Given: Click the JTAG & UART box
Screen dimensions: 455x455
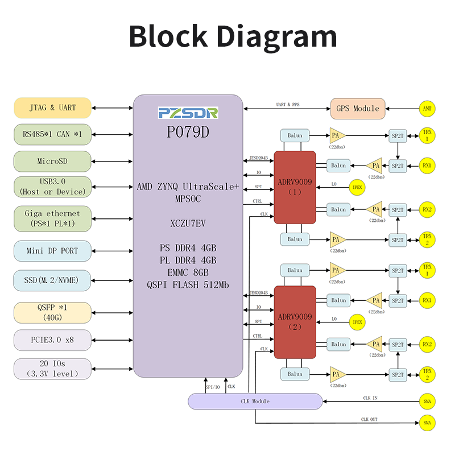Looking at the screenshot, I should pos(52,107).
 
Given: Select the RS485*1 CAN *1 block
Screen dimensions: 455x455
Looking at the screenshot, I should pos(52,134).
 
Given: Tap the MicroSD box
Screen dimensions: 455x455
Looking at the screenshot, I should pos(52,161).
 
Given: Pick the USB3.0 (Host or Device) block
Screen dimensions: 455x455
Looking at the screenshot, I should pos(52,187).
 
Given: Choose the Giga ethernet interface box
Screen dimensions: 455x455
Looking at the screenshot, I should pos(52,218).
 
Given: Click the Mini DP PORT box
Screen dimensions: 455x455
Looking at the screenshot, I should pos(52,251).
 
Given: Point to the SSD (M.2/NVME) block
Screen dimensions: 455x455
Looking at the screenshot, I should pos(52,280).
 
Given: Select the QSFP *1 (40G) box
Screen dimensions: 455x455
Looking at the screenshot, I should pos(52,313).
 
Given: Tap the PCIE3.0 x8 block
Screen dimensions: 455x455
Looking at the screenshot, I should pos(52,340).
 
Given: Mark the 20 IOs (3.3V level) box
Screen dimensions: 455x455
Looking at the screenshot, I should pos(52,369).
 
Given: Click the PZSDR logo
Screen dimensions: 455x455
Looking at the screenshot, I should pos(188,113).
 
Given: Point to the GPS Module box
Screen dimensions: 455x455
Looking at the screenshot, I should pos(358,108).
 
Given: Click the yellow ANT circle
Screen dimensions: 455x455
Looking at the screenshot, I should pos(427,108).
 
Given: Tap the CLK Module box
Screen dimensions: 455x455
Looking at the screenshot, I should pos(254,401).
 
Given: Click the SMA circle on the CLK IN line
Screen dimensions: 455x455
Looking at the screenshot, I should pos(427,401).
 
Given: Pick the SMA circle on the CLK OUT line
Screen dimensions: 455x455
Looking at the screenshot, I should pos(427,423).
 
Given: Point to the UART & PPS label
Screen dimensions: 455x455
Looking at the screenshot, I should pos(287,105).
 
